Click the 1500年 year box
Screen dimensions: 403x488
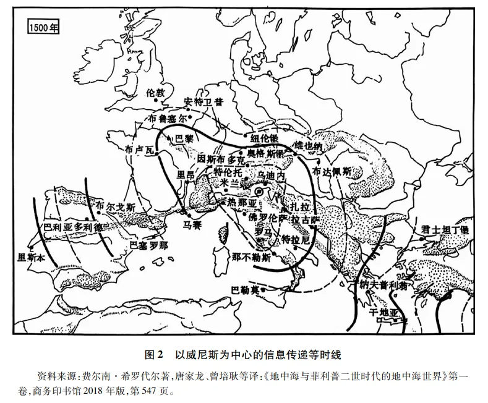coord(43,27)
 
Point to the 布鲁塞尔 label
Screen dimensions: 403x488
coord(167,117)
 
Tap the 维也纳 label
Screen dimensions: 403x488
coord(309,146)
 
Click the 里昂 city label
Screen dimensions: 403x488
coord(185,175)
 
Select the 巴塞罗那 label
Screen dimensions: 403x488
coord(148,245)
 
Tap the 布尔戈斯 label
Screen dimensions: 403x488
coord(111,207)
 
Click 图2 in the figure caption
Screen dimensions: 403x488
coord(152,355)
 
